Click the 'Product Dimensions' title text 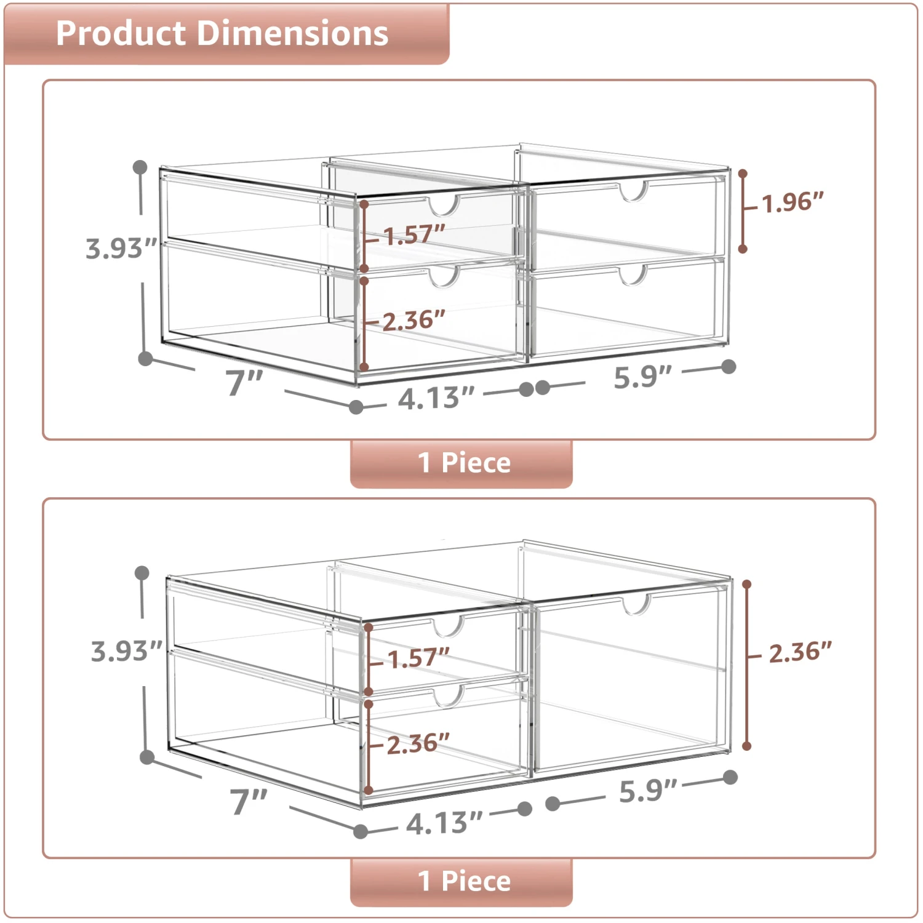(x=222, y=33)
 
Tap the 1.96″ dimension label (x=793, y=202)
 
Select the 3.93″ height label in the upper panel (x=121, y=249)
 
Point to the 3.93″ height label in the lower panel (x=126, y=651)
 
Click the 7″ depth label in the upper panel (x=244, y=383)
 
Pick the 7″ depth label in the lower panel (x=249, y=801)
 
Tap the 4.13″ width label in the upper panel (x=436, y=399)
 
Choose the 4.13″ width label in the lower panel (x=444, y=823)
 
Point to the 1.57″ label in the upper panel (x=414, y=234)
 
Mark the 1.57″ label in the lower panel (x=418, y=658)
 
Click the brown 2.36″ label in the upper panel (x=414, y=321)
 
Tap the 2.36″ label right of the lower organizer (x=800, y=652)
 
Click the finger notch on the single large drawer (x=636, y=604)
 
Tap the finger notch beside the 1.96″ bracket (x=633, y=191)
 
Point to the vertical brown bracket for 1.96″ (x=743, y=211)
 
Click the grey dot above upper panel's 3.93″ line (x=140, y=167)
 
